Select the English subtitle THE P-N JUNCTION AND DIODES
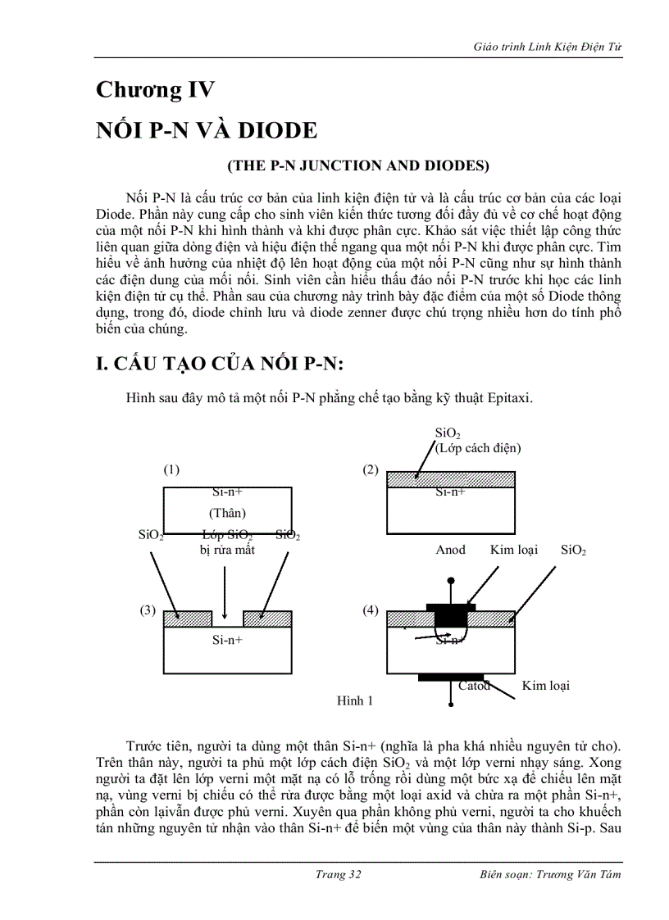click(x=357, y=165)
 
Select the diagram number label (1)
click(x=171, y=469)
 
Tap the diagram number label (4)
click(x=371, y=610)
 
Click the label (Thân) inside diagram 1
click(x=227, y=513)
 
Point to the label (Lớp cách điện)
click(x=479, y=448)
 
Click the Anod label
click(x=450, y=550)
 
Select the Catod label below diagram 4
click(x=474, y=686)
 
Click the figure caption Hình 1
click(x=355, y=700)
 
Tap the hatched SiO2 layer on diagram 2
click(x=451, y=479)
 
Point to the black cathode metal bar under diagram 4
click(x=450, y=678)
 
